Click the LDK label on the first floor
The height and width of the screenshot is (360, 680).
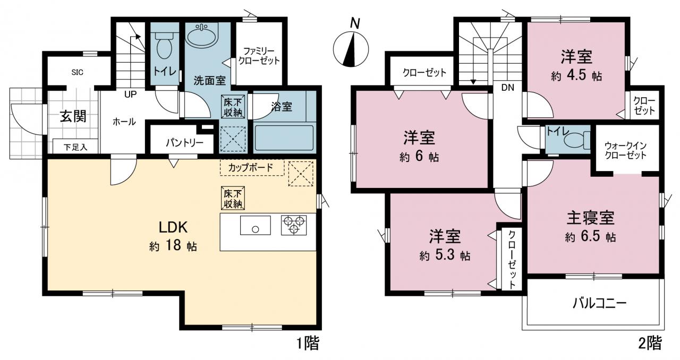173,227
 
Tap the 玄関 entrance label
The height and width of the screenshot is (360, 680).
73,116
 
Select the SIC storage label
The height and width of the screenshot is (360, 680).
78,72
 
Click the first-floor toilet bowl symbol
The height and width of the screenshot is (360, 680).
164,46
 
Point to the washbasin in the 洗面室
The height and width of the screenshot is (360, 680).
201,36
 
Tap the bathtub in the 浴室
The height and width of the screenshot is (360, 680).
284,138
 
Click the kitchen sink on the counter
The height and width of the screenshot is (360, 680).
256,225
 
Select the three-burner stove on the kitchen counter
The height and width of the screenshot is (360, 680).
294,225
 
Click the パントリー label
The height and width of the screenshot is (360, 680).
184,142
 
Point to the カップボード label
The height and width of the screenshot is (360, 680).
250,167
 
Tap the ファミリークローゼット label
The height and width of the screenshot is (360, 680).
259,56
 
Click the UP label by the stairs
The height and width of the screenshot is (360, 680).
130,95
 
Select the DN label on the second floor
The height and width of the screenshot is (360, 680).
507,88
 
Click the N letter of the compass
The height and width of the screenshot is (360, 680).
355,23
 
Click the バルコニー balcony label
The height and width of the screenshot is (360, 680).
600,303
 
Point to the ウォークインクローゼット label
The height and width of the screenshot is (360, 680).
626,151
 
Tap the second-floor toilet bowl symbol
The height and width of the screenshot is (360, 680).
576,141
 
